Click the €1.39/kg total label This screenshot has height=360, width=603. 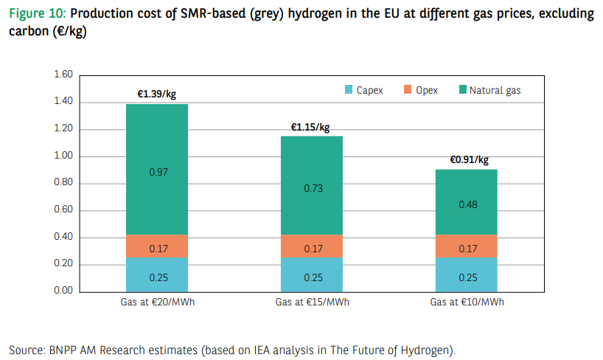tap(156, 94)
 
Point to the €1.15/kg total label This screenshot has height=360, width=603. tap(311, 127)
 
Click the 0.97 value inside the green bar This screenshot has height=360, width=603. tap(158, 172)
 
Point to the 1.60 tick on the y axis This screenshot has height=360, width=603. tap(63, 75)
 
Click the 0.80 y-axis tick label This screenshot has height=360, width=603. tap(63, 184)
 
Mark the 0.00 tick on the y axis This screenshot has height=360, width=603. tap(63, 291)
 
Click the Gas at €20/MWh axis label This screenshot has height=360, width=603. tap(157, 302)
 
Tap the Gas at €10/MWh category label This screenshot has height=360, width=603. tap(466, 302)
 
